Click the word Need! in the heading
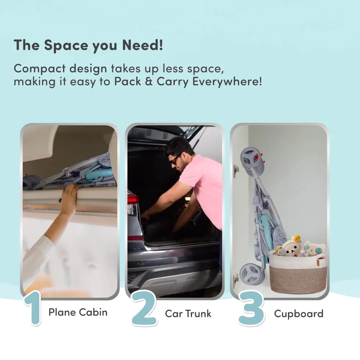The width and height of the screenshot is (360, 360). point(142,45)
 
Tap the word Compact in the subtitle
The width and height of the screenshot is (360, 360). point(39,69)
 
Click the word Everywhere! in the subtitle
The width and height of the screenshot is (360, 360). point(227,82)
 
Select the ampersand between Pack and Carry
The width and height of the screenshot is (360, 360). point(149,81)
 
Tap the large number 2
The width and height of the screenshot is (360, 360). point(144,308)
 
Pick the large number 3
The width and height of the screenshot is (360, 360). point(251,308)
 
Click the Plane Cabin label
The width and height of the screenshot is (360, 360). point(78,312)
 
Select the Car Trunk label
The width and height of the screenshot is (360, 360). point(188,314)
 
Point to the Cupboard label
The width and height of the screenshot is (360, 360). point(298,314)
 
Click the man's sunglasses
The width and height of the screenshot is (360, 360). point(175,159)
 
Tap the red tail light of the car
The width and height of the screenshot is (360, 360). point(133,199)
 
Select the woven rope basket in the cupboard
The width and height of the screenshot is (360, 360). point(298,273)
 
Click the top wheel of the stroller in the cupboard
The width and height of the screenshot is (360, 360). point(253,161)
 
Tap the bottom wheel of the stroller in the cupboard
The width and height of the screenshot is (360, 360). point(251,274)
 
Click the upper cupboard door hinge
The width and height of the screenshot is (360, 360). point(236,170)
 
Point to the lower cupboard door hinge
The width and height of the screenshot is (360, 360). point(236,280)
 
